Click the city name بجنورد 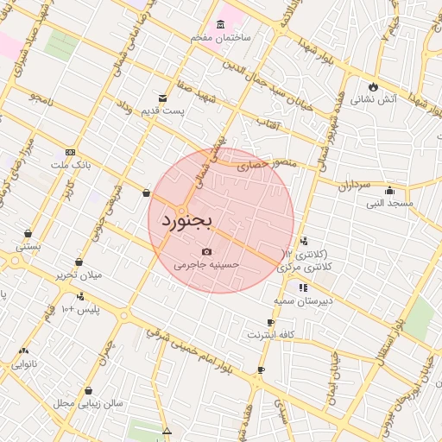[x=186, y=221]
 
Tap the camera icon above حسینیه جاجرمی [x=206, y=251]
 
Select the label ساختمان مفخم [x=222, y=38]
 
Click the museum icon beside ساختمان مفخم [x=222, y=24]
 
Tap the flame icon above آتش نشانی [x=373, y=86]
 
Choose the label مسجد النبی [x=389, y=204]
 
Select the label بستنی [x=28, y=247]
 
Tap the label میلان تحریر [x=79, y=275]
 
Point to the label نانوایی [x=23, y=364]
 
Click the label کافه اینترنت [x=271, y=334]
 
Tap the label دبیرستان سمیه [x=303, y=300]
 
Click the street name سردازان [x=353, y=186]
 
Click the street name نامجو [x=40, y=98]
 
